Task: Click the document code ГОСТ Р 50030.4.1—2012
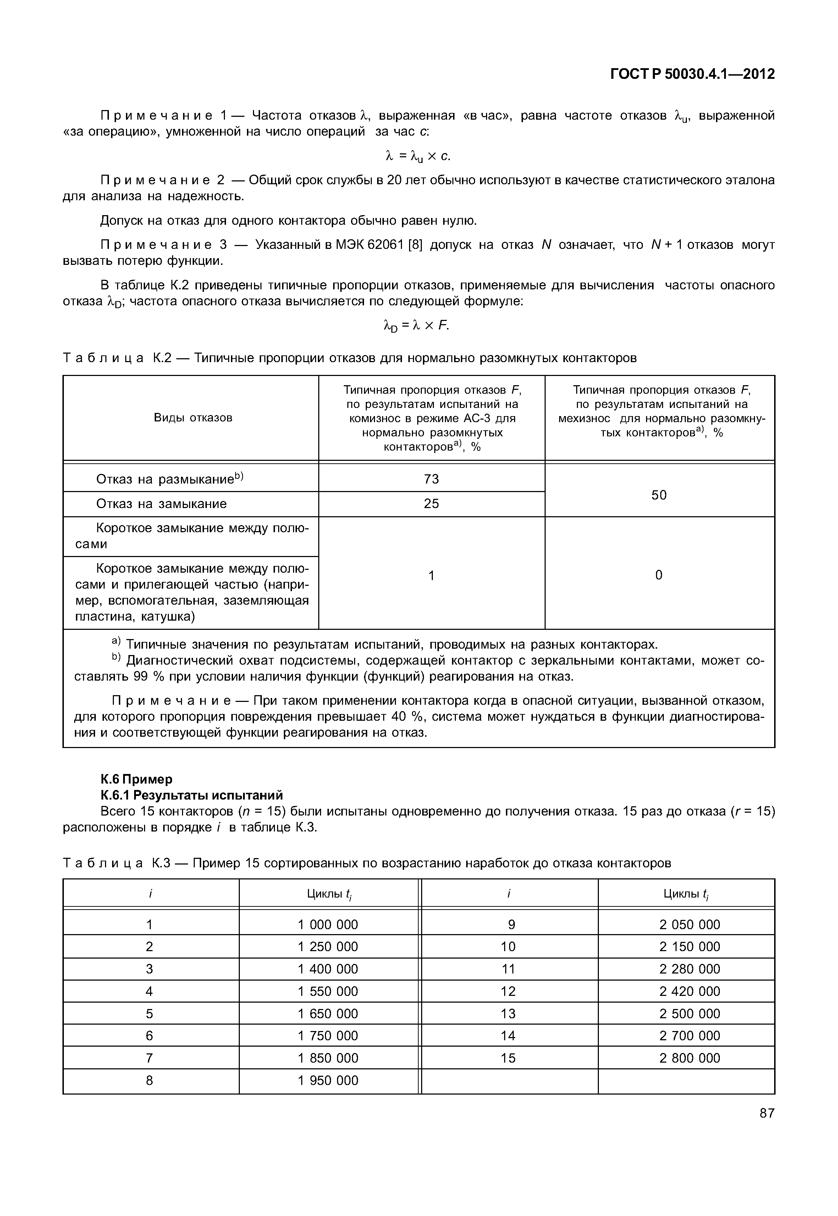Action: coord(692,74)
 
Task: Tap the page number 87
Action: coord(767,1113)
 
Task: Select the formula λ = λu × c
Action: coord(418,156)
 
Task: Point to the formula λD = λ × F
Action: coord(417,326)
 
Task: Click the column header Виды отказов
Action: coord(193,418)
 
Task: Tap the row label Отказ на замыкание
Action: coord(161,503)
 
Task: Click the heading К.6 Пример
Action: coord(136,779)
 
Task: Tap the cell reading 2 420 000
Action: coord(689,991)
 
